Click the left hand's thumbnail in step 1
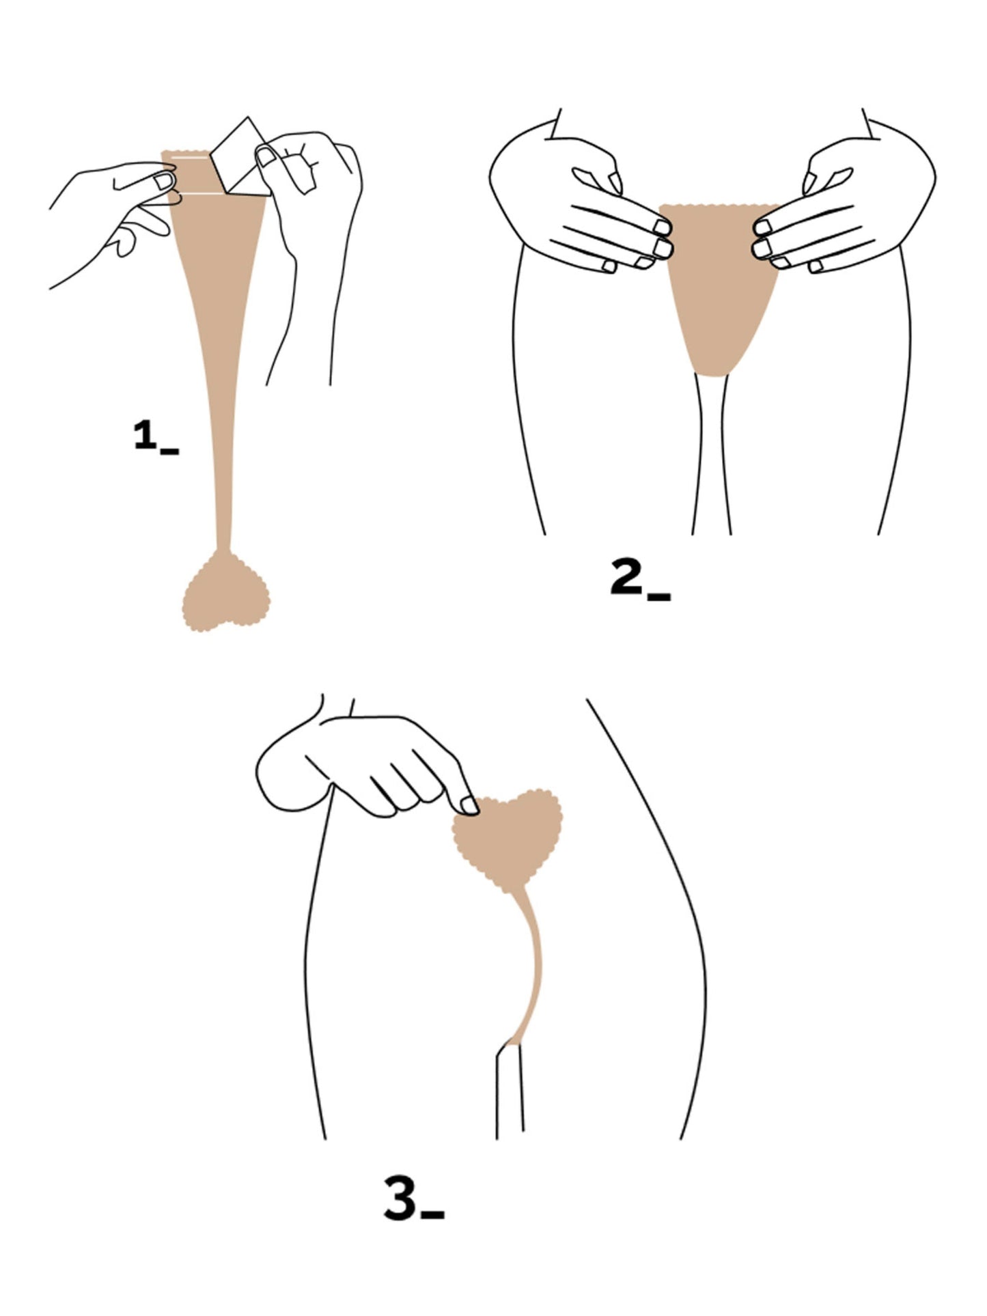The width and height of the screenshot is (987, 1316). (163, 182)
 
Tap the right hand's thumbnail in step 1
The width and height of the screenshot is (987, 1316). (265, 157)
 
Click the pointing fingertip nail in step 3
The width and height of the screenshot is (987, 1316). (470, 806)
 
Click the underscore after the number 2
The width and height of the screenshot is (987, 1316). (658, 597)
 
